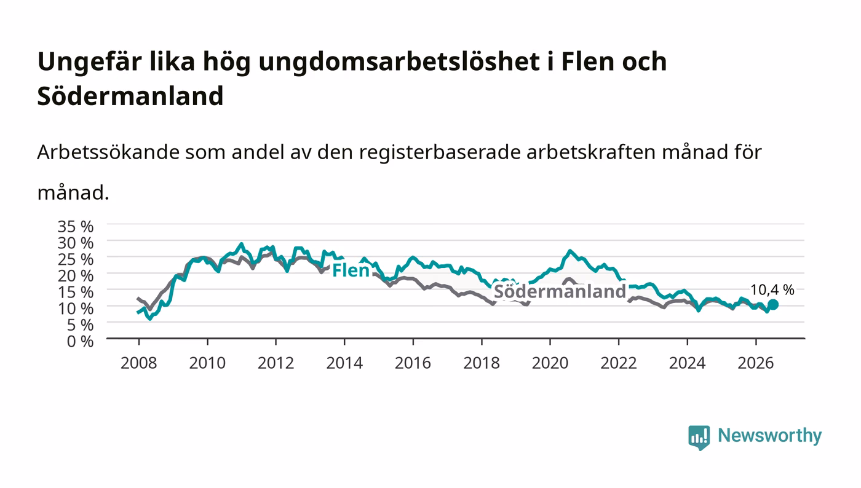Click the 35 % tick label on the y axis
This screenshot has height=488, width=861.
[75, 227]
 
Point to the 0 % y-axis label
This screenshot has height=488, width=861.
[80, 341]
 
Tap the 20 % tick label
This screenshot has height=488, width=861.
[75, 276]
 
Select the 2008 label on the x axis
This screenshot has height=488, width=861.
[139, 363]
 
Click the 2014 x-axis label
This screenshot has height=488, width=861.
[344, 363]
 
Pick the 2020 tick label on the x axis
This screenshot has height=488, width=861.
[550, 363]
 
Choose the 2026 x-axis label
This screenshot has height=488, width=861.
[756, 363]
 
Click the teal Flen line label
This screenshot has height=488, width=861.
[351, 270]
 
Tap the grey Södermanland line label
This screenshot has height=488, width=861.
[560, 291]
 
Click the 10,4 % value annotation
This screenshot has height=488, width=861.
[772, 289]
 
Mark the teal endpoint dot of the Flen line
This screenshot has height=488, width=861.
[773, 305]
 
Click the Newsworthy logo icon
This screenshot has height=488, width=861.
[699, 437]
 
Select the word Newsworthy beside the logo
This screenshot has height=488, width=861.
[769, 435]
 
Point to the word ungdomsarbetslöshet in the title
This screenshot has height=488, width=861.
[399, 62]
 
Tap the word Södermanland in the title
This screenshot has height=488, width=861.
[130, 96]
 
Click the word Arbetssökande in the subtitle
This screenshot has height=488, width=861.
[108, 152]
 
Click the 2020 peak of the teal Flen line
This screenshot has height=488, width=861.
[570, 251]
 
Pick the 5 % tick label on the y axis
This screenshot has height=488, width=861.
[80, 325]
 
